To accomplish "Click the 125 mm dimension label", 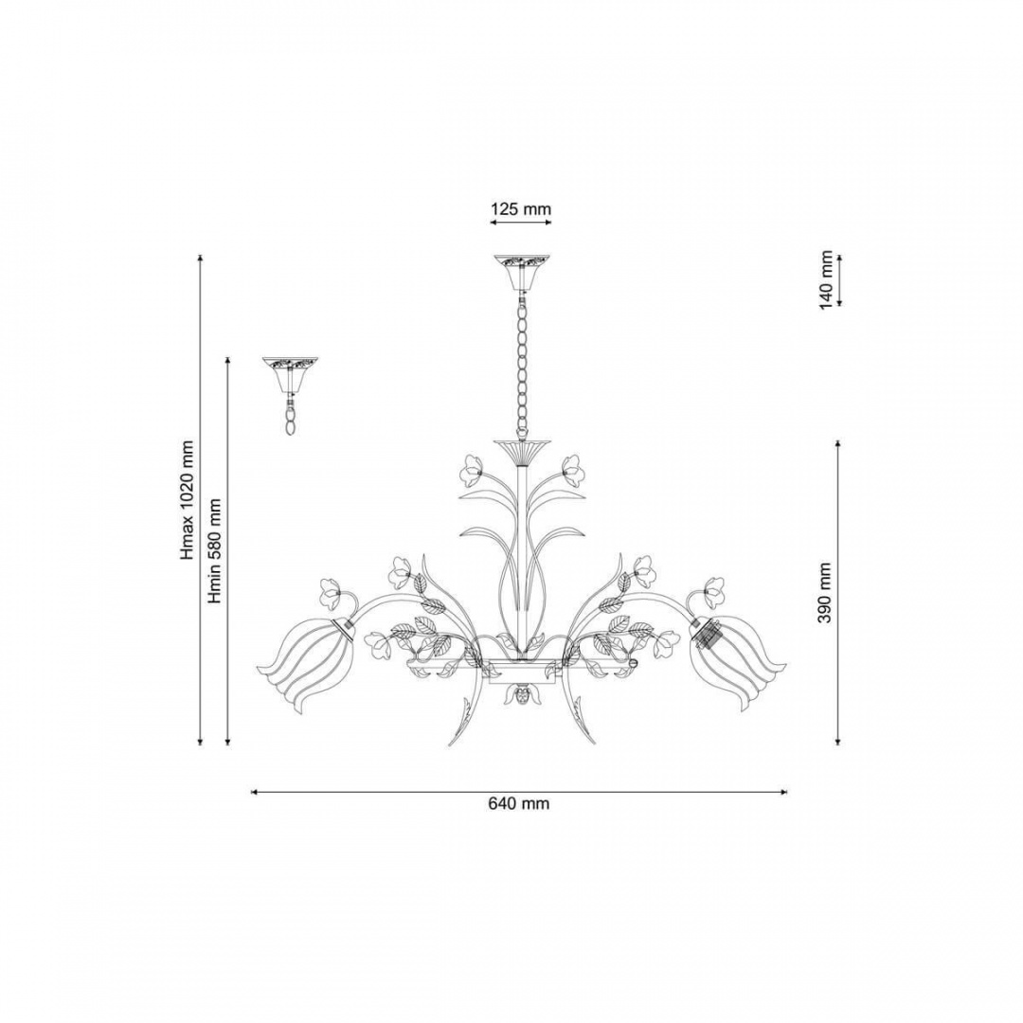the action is click(521, 208).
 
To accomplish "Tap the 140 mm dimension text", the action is click(827, 279).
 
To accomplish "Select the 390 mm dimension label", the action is click(825, 592).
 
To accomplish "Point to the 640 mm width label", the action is click(519, 803).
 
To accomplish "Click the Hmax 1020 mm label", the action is click(188, 500).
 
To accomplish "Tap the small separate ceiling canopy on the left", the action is click(290, 375).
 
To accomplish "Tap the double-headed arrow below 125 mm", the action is click(521, 223).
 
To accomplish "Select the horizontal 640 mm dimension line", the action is click(519, 792).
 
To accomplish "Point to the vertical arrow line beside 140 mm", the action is click(839, 279).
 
